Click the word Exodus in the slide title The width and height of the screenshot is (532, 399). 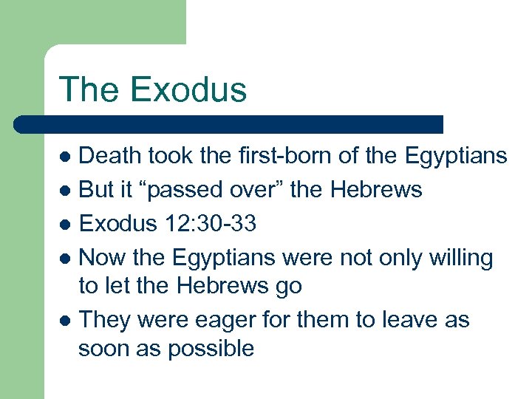pyautogui.click(x=188, y=90)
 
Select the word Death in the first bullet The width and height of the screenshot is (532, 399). pyautogui.click(x=109, y=156)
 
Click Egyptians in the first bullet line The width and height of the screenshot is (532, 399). pyautogui.click(x=456, y=157)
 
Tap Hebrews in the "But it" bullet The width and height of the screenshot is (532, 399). pyautogui.click(x=376, y=190)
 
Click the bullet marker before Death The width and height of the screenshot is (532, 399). pyautogui.click(x=65, y=157)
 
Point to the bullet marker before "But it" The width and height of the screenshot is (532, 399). pyautogui.click(x=65, y=191)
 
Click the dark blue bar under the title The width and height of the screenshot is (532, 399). pyautogui.click(x=229, y=124)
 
